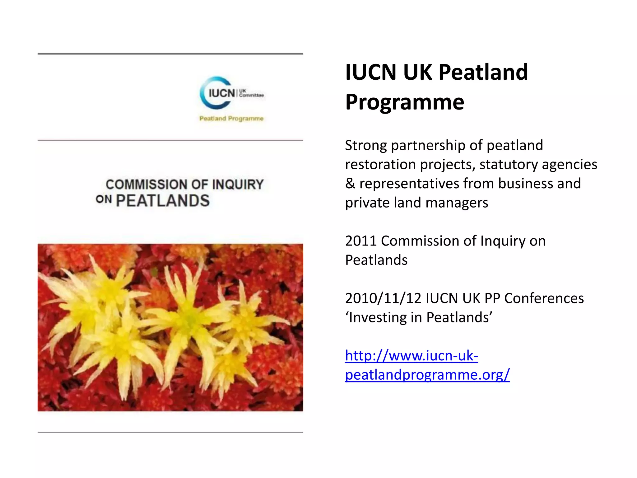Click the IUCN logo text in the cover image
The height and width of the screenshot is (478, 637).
pyautogui.click(x=221, y=93)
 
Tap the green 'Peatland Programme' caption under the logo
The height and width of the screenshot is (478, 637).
pyautogui.click(x=231, y=119)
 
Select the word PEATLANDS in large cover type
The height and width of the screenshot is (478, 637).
pyautogui.click(x=163, y=201)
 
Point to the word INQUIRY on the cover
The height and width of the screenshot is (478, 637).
pyautogui.click(x=238, y=185)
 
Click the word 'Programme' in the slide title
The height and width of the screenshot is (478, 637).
pyautogui.click(x=405, y=102)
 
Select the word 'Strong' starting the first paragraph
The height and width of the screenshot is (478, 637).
pyautogui.click(x=366, y=146)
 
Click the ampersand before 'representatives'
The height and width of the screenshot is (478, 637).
pyautogui.click(x=350, y=184)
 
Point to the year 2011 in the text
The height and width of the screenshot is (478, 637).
pyautogui.click(x=361, y=241)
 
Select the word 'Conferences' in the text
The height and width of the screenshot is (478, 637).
pyautogui.click(x=544, y=298)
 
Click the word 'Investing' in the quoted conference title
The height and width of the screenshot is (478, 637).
pyautogui.click(x=385, y=317)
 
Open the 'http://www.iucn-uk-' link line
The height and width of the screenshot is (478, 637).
pyautogui.click(x=411, y=356)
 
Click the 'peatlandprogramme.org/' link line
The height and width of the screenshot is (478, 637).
pyautogui.click(x=427, y=375)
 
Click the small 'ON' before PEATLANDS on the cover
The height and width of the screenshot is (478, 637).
pyautogui.click(x=104, y=199)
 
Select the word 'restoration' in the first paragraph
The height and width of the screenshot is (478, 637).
pyautogui.click(x=380, y=165)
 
